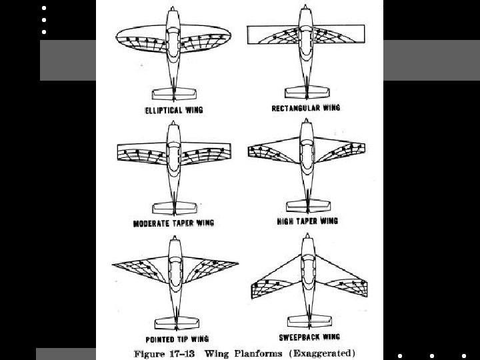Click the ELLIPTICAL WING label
point(173,109)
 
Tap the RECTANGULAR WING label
point(306,108)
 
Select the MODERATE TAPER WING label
point(173,223)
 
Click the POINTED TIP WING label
point(173,337)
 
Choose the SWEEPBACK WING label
point(307,337)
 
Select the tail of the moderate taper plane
point(173,206)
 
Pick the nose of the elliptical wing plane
point(173,10)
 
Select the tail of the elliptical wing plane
point(173,92)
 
